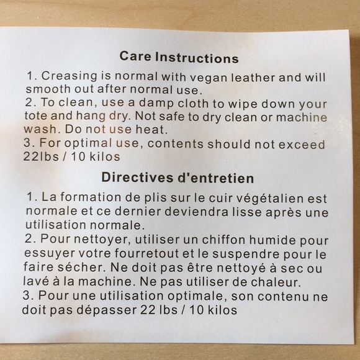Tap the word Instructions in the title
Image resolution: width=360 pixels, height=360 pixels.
[197, 58]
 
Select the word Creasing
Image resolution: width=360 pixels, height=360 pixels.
[70, 76]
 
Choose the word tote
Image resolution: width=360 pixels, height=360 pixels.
[35, 115]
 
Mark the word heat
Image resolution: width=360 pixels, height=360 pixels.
[151, 129]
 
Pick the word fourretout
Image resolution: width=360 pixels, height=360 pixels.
[146, 253]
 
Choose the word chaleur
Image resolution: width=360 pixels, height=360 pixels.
[276, 282]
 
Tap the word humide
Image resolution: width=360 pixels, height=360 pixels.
[272, 240]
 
